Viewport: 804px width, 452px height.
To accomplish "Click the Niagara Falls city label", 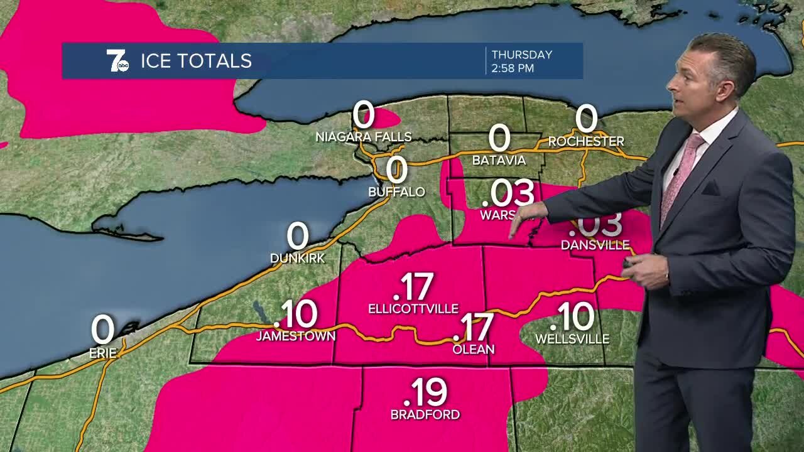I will [x=364, y=137].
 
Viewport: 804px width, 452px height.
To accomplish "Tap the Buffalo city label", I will [x=396, y=191].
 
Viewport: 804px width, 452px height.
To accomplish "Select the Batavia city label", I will [x=499, y=160].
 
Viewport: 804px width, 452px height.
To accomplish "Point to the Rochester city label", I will [x=586, y=141].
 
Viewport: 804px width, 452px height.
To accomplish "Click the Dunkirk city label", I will [x=298, y=258].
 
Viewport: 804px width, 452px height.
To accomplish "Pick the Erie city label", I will [x=102, y=353].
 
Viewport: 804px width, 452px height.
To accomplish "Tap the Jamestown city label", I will [x=295, y=336].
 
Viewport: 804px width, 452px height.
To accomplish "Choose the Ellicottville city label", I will [x=413, y=308].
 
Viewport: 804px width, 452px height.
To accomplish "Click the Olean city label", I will [x=474, y=349].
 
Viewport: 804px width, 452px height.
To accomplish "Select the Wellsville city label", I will [x=572, y=339].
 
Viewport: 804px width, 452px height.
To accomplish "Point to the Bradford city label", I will [x=425, y=414].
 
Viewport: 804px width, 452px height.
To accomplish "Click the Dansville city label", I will [x=595, y=245].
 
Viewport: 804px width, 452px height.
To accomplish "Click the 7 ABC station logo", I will [x=117, y=61].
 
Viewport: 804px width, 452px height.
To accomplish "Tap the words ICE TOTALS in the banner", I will [x=196, y=61].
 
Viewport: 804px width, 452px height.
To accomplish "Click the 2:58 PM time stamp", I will [x=513, y=68].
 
